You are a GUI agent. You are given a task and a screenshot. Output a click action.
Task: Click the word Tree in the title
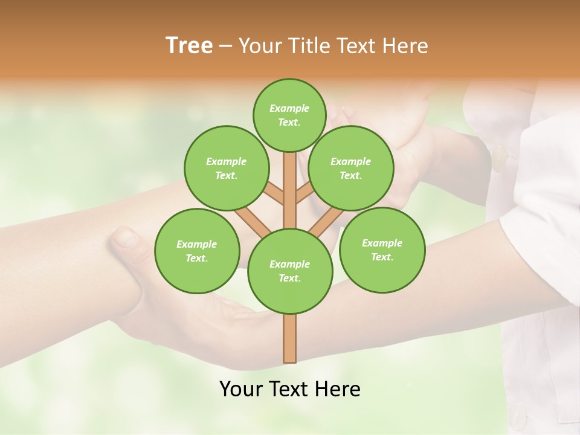189,46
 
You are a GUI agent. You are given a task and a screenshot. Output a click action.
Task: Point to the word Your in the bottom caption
242,389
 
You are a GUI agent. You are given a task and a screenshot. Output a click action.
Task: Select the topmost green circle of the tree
289,115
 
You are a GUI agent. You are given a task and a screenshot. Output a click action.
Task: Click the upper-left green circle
226,168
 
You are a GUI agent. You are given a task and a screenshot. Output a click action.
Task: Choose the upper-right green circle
350,168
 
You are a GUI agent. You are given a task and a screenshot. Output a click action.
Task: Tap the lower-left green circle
196,251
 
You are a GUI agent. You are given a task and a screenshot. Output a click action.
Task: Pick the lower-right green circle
382,250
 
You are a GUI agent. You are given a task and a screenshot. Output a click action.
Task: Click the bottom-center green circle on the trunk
289,271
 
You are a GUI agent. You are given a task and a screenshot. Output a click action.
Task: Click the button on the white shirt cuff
500,158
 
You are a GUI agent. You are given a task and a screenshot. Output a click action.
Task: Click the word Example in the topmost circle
289,108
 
